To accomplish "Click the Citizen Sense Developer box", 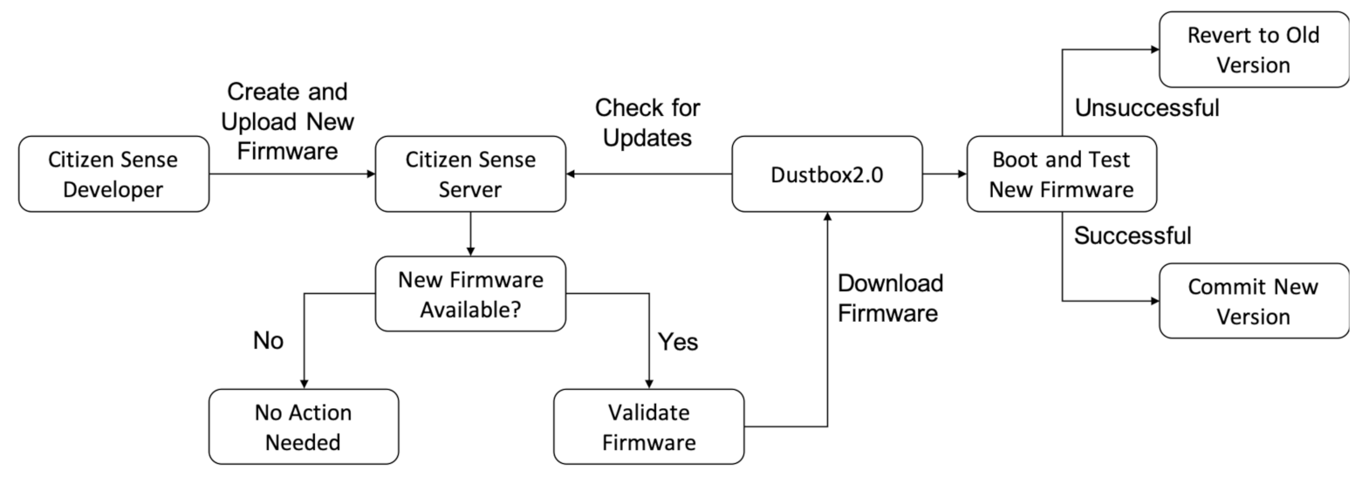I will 113,174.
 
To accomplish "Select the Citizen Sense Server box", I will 470,174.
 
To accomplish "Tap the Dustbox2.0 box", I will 826,174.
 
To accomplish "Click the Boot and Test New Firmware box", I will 1061,174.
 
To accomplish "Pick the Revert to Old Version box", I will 1253,50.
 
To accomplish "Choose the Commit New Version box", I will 1253,301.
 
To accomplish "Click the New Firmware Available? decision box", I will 470,294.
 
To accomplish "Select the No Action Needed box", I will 303,426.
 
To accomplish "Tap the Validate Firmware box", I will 648,426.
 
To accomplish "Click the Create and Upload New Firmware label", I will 287,121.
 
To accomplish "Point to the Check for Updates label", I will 647,122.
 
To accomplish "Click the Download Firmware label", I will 889,297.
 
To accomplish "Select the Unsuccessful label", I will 1147,108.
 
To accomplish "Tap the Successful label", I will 1132,235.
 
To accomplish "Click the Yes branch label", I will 678,341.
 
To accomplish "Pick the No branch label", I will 268,340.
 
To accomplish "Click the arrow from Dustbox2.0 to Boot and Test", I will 944,174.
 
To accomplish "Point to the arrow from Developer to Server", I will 291,174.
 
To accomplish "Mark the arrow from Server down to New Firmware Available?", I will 470,234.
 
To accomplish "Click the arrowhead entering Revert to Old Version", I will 1154,50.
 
